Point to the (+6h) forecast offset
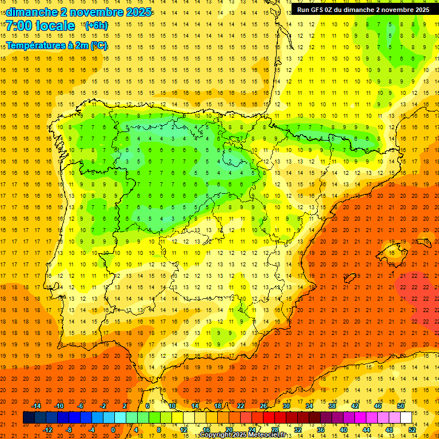pos(95,26)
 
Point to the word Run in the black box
pos(304,10)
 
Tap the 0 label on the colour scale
pos(113,430)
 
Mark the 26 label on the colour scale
pos(264,406)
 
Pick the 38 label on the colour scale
pos(332,406)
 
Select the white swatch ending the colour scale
pos(406,418)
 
